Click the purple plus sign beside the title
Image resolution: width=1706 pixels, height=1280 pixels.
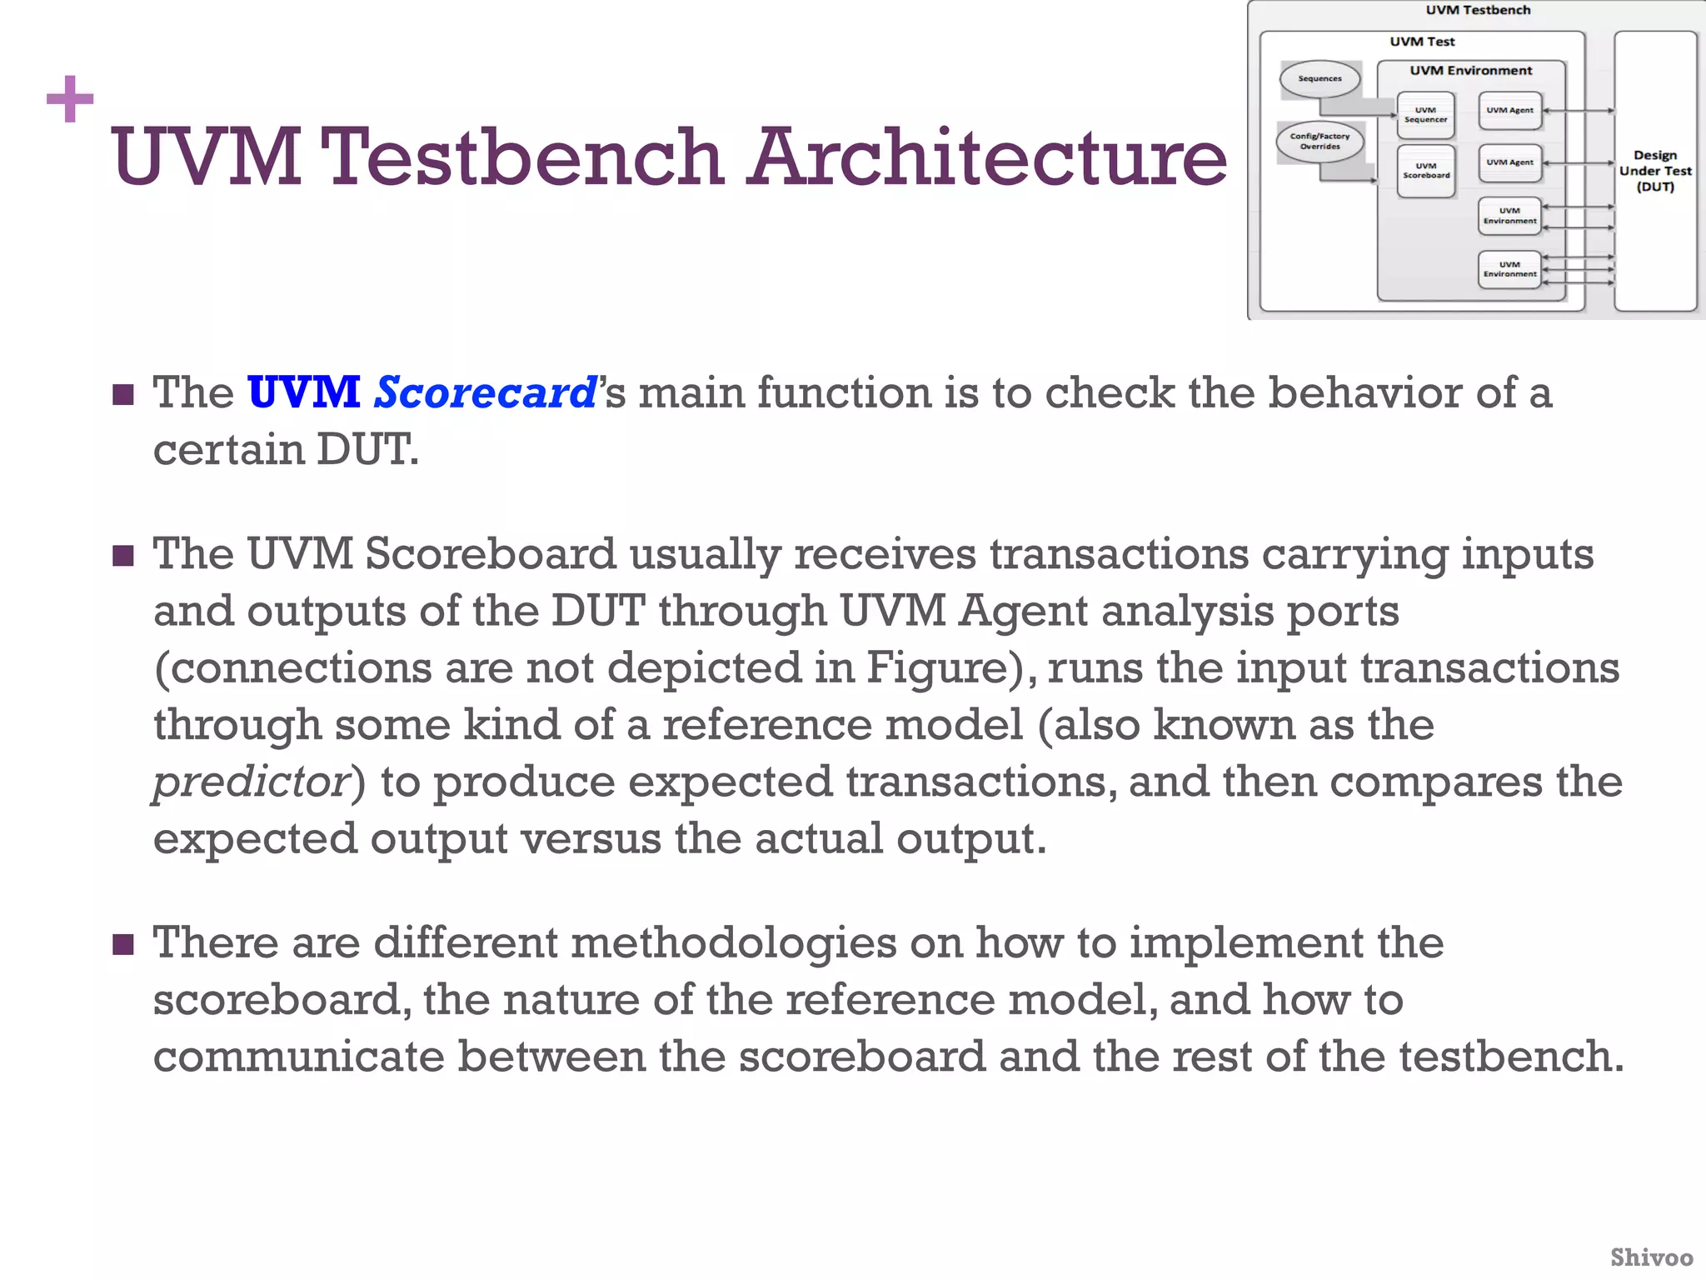70,99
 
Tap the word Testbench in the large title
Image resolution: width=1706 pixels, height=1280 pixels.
522,157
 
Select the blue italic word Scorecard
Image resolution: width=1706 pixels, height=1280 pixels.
485,392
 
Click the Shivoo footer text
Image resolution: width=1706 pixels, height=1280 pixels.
1651,1257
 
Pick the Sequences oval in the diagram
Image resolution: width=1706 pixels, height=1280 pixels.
1319,79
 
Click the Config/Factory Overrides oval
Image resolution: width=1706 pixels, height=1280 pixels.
1319,142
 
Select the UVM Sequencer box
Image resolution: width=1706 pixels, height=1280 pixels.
1425,115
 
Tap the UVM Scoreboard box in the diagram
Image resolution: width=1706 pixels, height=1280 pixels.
1425,171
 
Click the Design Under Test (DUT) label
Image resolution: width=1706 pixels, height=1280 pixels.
1654,171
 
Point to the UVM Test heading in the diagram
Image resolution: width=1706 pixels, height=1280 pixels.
1422,42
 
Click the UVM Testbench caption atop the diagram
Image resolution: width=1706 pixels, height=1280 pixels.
1478,10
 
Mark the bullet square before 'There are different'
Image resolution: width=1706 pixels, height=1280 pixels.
123,945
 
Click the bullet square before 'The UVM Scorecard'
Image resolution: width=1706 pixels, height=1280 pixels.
123,394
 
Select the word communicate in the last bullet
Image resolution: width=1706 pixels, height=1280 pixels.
299,1057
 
